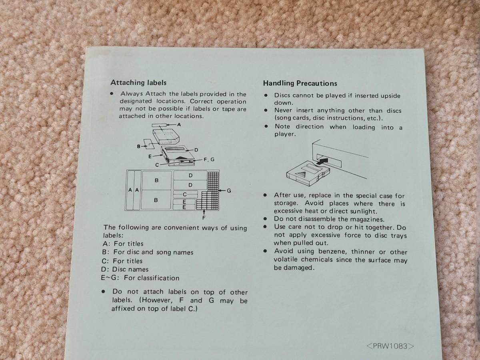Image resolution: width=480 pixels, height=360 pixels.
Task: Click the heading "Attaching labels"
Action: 138,83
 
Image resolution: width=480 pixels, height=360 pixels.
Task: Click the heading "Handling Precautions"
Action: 300,83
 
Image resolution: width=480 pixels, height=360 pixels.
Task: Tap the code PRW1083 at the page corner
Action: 390,346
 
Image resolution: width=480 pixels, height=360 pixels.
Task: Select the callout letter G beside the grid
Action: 229,191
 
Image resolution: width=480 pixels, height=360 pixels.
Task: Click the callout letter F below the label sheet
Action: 204,218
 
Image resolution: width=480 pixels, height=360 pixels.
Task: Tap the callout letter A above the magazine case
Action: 179,124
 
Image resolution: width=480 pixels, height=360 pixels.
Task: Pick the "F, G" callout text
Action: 209,160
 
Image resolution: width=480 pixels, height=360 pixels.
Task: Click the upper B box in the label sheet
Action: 156,180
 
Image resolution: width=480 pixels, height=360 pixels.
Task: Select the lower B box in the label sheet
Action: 156,200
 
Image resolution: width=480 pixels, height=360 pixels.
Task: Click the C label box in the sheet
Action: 186,194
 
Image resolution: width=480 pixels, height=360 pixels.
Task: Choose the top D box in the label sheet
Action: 190,176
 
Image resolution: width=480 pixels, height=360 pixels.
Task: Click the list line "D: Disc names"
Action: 125,269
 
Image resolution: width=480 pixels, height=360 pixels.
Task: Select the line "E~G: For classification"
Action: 140,278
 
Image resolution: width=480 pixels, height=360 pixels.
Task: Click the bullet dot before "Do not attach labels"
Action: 104,291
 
